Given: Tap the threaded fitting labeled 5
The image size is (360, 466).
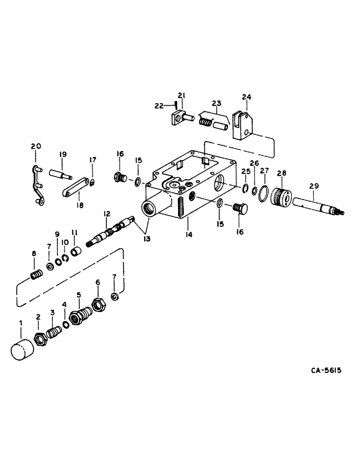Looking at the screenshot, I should (79, 317).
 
